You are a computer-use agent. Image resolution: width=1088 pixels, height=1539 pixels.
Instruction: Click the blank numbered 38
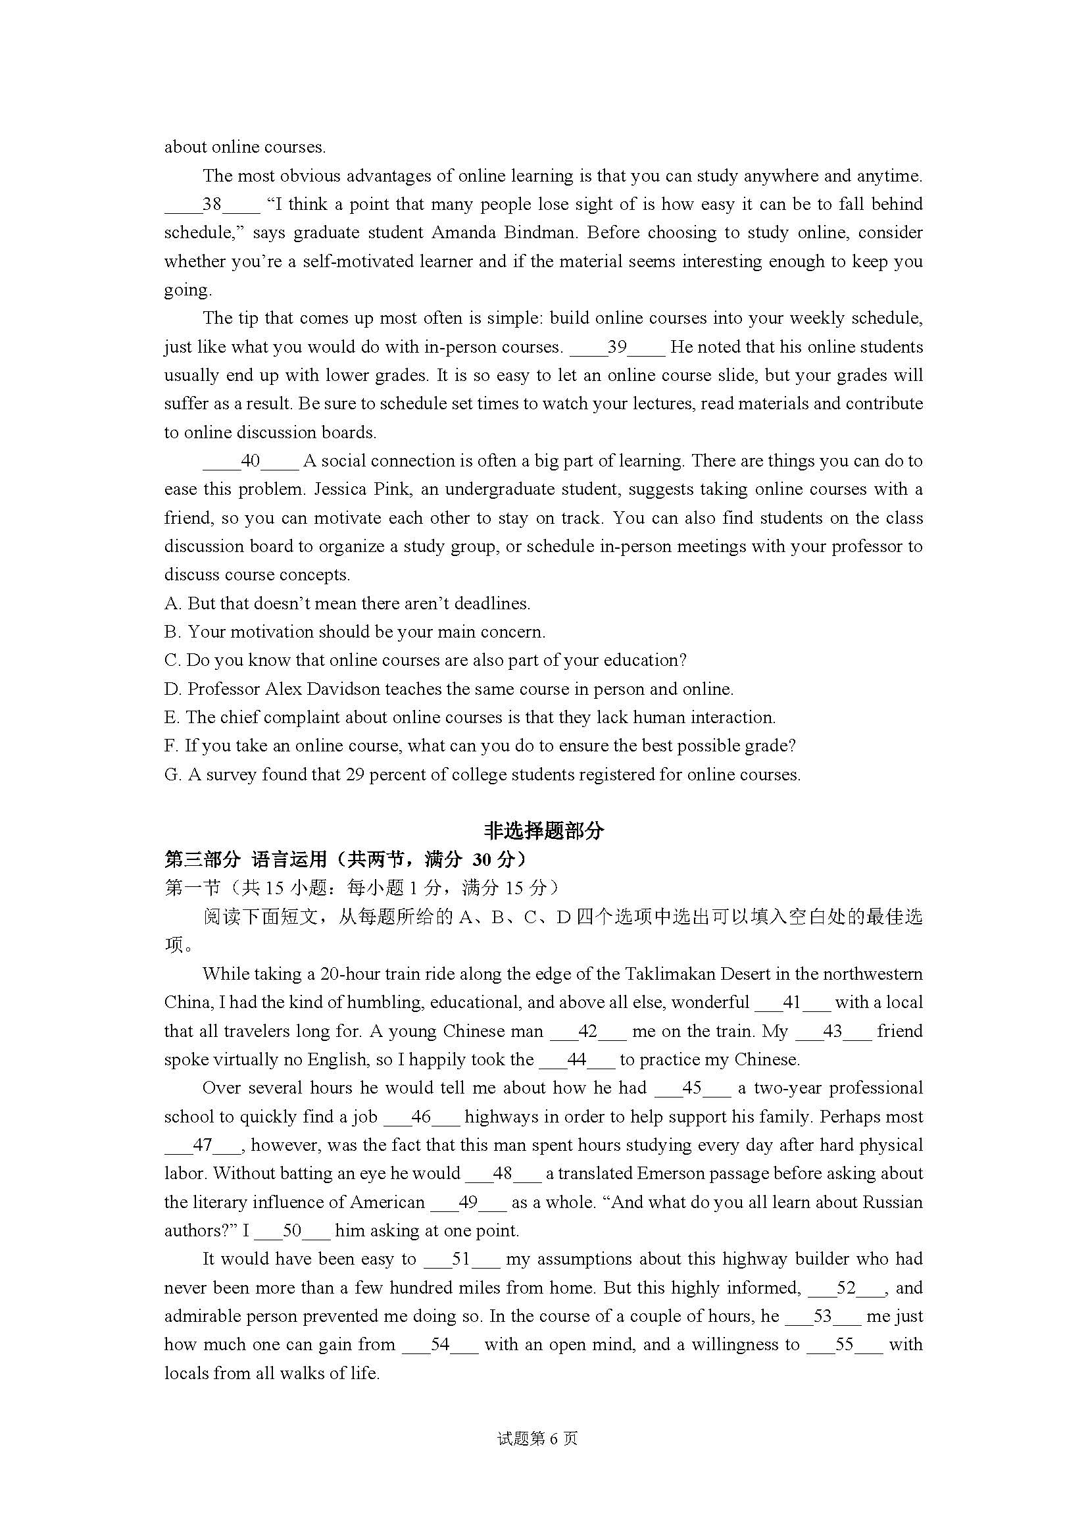[212, 205]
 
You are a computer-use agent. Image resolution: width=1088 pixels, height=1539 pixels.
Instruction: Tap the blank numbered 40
[251, 461]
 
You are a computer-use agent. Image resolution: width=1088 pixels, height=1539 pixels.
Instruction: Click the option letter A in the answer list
[172, 604]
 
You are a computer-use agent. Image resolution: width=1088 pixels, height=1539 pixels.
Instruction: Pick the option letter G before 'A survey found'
[172, 775]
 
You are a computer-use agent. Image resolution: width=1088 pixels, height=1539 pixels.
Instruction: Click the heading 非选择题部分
[543, 831]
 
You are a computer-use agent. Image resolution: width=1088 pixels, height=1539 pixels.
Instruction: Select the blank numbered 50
[292, 1230]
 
